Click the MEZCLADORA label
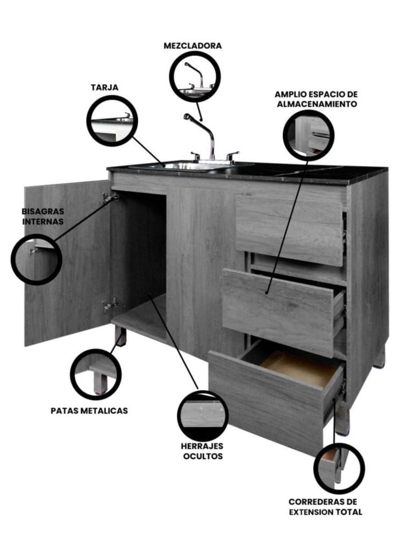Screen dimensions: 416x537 tap(192, 46)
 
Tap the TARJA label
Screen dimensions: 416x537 tap(104, 88)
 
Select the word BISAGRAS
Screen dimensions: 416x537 tap(43, 211)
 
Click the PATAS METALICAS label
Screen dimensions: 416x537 tap(89, 411)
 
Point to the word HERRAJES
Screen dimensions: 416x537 tap(202, 446)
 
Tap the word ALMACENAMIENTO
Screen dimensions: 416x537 tap(317, 104)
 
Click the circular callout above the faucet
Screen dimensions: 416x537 tap(196, 76)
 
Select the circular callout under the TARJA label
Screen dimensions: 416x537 tap(112, 121)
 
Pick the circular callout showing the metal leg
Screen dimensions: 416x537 tap(96, 374)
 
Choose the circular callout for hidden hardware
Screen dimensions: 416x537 tap(203, 416)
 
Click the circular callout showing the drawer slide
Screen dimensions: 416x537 tap(339, 468)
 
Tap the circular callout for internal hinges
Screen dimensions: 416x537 tap(37, 259)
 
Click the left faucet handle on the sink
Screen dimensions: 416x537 tap(196, 156)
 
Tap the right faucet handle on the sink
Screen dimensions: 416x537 tap(232, 156)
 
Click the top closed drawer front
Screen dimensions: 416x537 tap(290, 230)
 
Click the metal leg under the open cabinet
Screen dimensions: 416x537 tap(120, 336)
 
